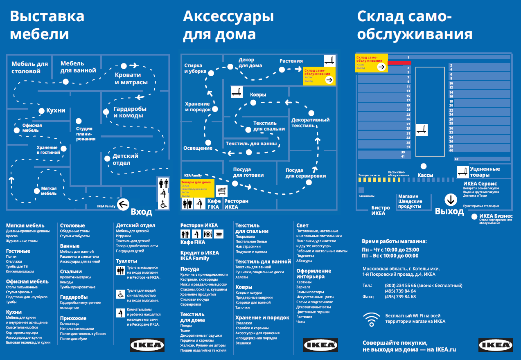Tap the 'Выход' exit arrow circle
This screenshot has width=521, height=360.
[451, 200]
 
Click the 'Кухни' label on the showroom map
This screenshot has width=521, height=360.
[56, 110]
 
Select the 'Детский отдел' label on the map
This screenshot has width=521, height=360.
[125, 160]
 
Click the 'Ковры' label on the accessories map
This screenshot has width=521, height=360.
[258, 94]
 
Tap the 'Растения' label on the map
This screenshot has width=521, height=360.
[291, 61]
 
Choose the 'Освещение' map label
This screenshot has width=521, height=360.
[198, 148]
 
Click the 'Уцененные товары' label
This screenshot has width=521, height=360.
[485, 172]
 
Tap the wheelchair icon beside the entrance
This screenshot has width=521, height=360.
[162, 204]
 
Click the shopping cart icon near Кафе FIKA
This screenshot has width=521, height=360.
[221, 191]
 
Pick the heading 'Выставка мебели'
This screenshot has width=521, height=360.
[47, 25]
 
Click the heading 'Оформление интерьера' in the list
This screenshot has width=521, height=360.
[314, 274]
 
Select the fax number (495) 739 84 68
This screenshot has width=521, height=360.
[400, 297]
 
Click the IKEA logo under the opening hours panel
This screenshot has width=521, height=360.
[496, 345]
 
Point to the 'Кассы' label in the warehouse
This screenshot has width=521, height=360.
[425, 175]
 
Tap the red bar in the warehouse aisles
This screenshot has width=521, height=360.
[399, 63]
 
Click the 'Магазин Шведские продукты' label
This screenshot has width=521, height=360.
[410, 201]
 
